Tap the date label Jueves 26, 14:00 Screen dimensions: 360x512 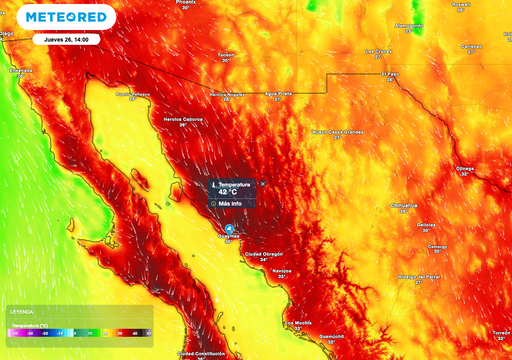[66, 39]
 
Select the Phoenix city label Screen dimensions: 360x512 [186, 4]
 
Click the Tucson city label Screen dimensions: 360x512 [226, 55]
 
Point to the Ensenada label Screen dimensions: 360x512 [21, 71]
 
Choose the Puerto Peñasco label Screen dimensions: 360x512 [133, 94]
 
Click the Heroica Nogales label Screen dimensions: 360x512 [226, 93]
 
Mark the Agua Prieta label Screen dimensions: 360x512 [278, 93]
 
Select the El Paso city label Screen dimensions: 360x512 [396, 73]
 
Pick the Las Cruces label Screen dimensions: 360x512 [377, 50]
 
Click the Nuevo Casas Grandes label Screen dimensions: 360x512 [338, 131]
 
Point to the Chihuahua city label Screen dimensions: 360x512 [404, 206]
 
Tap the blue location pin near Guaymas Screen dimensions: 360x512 [228, 229]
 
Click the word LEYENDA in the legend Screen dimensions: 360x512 [21, 312]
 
